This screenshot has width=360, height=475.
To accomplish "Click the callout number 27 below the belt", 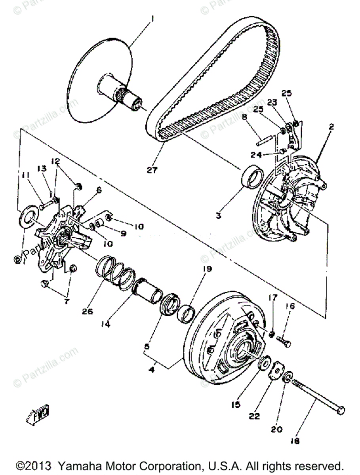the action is tap(152, 171).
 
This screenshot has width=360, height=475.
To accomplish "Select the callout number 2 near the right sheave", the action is tap(331, 127).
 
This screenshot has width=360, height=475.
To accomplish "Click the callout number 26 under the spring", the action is tap(88, 312).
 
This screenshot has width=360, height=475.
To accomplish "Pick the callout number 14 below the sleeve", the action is tap(105, 323).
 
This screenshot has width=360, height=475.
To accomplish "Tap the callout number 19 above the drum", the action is tap(208, 269).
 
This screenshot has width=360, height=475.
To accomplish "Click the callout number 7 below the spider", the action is tap(66, 302).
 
